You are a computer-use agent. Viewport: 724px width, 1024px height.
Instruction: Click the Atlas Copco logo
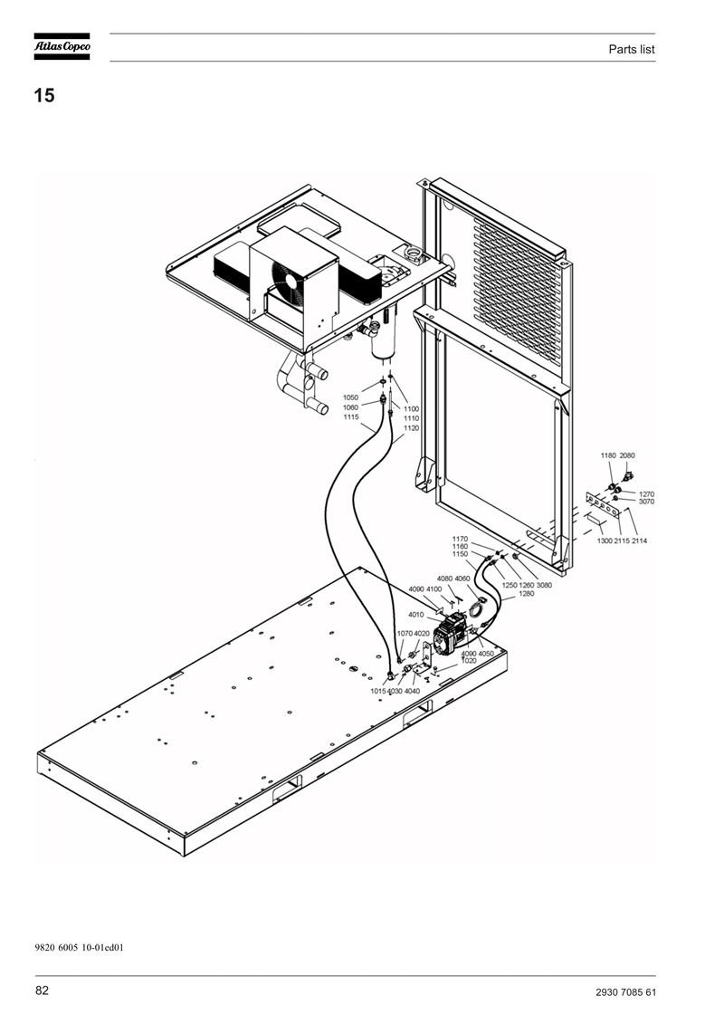62,46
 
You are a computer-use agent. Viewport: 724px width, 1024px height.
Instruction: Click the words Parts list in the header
632,49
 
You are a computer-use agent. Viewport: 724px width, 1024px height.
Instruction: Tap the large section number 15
44,95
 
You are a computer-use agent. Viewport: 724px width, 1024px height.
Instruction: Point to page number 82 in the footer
42,991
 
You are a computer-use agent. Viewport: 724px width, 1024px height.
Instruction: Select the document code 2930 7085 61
625,992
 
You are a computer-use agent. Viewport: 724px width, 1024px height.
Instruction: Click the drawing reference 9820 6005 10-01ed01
79,947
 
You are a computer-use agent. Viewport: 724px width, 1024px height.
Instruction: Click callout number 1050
350,397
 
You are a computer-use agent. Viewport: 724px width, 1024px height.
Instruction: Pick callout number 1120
411,428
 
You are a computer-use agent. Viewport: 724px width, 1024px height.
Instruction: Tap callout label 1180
608,455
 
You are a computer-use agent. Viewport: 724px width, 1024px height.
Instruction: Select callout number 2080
627,455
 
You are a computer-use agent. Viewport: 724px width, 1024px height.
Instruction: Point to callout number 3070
646,502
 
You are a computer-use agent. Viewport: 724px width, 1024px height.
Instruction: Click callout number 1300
605,541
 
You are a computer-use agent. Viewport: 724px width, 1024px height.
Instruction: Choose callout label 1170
461,540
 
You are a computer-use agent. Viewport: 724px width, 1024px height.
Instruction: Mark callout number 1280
526,594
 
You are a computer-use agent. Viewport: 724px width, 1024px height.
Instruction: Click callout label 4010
416,615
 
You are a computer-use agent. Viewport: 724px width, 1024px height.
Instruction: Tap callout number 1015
378,691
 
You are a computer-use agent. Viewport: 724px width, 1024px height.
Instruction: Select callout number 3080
544,585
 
